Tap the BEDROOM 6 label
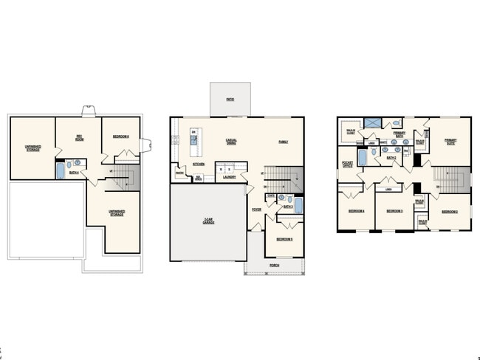pos(120,136)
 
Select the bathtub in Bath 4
pos(61,170)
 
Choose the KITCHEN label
pos(198,164)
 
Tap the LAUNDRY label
pos(229,177)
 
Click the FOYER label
pos(256,209)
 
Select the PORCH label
pos(274,264)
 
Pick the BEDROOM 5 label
pos(285,239)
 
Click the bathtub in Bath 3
pos(299,204)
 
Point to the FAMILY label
pos(283,141)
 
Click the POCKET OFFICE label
pos(347,164)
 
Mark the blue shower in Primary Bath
pos(376,123)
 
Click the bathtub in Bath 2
pos(363,157)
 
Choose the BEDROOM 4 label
pos(357,212)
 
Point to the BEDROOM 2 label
pos(450,212)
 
